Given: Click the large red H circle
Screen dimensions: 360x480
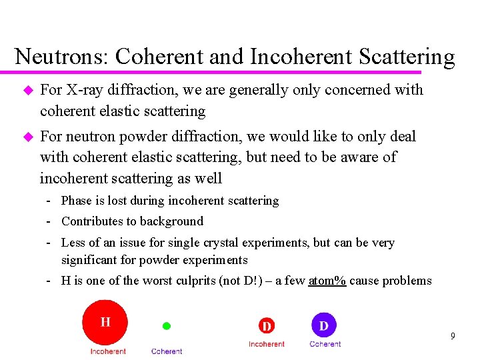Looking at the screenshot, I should tap(105, 322).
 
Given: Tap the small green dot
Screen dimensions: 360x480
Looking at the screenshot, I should tap(167, 326).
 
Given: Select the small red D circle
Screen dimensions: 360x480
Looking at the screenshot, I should tap(267, 326).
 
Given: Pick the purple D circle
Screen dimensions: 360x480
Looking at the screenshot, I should tap(324, 325).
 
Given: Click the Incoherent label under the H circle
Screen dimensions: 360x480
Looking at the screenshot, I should tap(108, 351).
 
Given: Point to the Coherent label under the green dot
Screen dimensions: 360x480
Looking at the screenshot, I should tap(167, 351).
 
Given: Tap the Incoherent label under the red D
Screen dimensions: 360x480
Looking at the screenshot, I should tap(267, 344).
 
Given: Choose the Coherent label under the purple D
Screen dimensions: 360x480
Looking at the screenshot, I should tap(325, 344).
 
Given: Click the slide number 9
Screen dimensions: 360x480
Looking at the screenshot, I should tap(453, 336).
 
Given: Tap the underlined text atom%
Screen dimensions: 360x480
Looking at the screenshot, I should tap(327, 281).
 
